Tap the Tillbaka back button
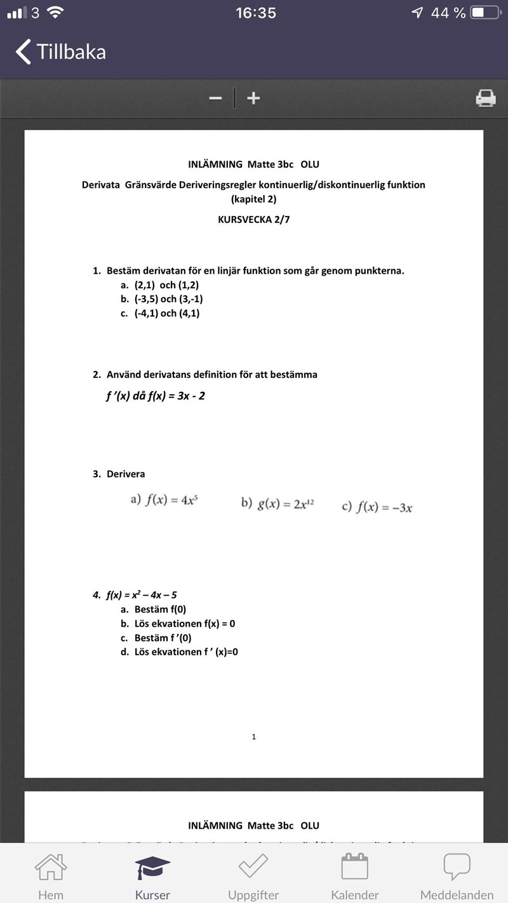pos(61,51)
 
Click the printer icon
pos(486,98)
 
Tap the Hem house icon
pos(51,867)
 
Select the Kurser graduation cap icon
pos(152,867)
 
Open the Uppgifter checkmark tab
pos(253,867)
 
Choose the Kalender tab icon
pos(355,867)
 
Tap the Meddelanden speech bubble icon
pos(457,867)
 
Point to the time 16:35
pos(256,13)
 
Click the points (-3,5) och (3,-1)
pos(168,299)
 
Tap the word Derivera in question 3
pos(126,474)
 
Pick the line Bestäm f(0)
pos(160,609)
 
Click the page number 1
pos(254,737)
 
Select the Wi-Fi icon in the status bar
pos(56,13)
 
